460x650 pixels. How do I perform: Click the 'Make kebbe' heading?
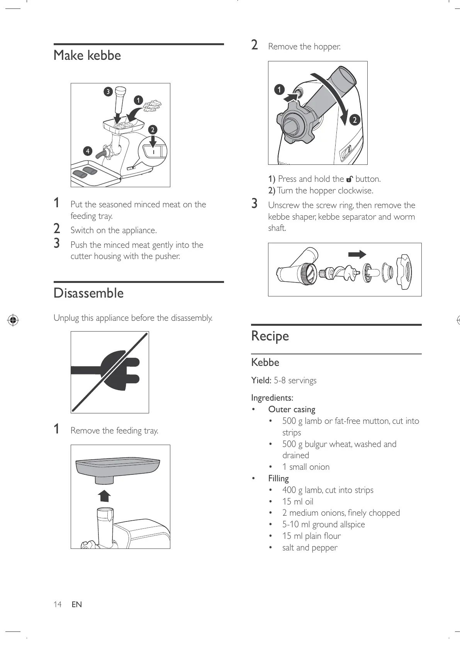tap(87, 56)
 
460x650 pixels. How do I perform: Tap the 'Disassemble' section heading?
tap(88, 293)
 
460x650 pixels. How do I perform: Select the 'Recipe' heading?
tap(270, 336)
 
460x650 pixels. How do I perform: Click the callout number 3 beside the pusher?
tap(108, 92)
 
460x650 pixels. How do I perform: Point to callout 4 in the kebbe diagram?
tap(88, 151)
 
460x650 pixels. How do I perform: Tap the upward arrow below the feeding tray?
tap(104, 495)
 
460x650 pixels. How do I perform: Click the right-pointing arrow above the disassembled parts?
tap(357, 254)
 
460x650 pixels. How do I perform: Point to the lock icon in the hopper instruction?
tap(350, 179)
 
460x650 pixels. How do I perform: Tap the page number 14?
tap(58, 604)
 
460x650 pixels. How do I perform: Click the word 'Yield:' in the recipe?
tap(261, 381)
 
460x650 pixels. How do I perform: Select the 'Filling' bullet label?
tap(278, 479)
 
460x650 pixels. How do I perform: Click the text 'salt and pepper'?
tap(310, 548)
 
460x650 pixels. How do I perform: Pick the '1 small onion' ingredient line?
tap(306, 467)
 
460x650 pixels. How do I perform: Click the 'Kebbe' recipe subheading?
tap(265, 362)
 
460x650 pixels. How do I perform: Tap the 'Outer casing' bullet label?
tap(292, 410)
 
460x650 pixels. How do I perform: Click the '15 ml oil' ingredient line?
tap(297, 502)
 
